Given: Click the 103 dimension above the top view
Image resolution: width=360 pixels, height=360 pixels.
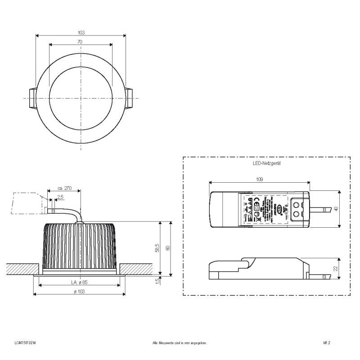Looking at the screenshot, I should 81,32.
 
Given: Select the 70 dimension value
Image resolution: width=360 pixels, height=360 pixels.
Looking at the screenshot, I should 80,42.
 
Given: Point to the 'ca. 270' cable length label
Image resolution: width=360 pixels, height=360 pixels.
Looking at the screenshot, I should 66,188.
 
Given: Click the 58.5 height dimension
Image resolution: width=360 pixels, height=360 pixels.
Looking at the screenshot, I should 157,248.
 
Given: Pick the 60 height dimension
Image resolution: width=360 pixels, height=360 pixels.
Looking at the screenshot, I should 167,248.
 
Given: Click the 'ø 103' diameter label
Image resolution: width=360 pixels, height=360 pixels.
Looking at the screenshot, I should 80,292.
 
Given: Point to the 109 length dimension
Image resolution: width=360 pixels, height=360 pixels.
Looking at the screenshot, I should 260,179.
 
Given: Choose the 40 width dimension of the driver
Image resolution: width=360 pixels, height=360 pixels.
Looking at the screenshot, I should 336,209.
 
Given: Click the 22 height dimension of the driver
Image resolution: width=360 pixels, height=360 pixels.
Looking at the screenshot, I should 336,268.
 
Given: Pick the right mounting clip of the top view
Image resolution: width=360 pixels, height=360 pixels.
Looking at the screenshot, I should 130,98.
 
